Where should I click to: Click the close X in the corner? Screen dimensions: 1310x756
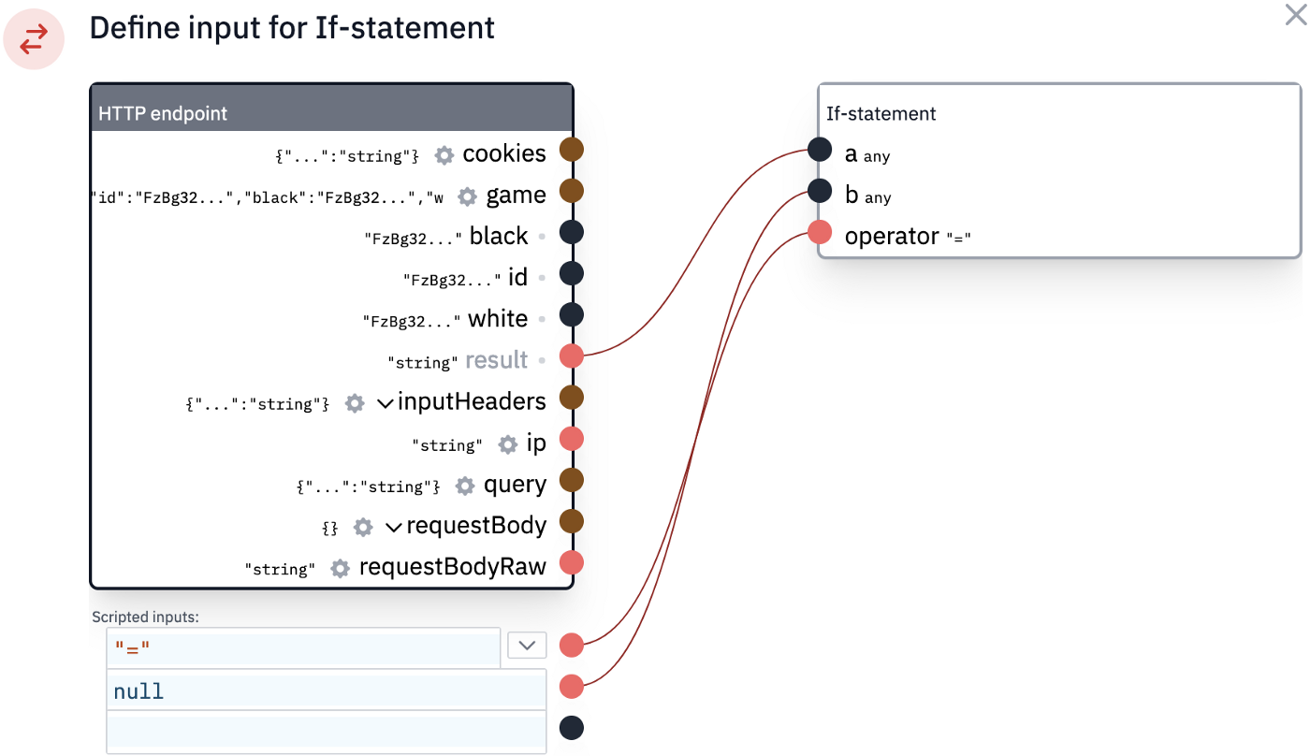(x=1295, y=15)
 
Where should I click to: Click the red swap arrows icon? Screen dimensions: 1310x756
(x=34, y=39)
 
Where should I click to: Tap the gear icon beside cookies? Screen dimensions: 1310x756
(x=444, y=155)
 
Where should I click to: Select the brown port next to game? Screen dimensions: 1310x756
(x=572, y=191)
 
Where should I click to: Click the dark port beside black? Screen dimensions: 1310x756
(x=572, y=232)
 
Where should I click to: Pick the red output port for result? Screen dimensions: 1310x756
(x=572, y=356)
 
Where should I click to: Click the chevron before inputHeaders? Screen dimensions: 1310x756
(x=385, y=403)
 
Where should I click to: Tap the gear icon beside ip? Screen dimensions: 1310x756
(x=507, y=445)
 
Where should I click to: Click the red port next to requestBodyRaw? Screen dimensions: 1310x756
(x=572, y=562)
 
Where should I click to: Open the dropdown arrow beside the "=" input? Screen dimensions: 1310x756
(x=527, y=646)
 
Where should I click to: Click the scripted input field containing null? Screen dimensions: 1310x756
(x=327, y=691)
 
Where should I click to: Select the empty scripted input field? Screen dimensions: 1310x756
(x=327, y=732)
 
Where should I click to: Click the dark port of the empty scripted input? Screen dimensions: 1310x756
(x=572, y=728)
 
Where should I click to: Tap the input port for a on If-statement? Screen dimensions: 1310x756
(x=820, y=150)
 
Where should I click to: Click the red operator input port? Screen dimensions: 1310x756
(x=820, y=232)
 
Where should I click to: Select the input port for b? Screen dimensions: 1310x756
(x=820, y=191)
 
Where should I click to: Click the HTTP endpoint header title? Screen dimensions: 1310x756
(x=163, y=113)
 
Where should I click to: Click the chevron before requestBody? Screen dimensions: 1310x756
(x=394, y=528)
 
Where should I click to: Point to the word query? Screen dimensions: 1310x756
(x=515, y=485)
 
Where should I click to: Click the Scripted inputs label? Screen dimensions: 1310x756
(x=146, y=617)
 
